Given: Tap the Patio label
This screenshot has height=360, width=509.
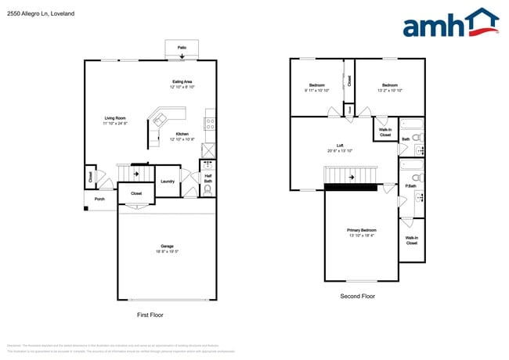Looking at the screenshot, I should click(182, 48).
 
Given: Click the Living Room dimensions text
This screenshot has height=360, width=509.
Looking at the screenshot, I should click(115, 124).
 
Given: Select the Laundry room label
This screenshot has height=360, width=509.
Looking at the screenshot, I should click(167, 182).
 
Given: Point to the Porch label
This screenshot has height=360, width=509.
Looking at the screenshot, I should click(99, 199).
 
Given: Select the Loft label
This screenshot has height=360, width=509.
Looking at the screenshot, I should click(340, 145).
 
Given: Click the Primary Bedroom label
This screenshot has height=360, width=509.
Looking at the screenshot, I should click(362, 230).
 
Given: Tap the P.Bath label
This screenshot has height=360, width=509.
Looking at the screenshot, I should click(410, 185).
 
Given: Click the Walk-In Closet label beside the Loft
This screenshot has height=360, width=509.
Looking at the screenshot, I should click(385, 132).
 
